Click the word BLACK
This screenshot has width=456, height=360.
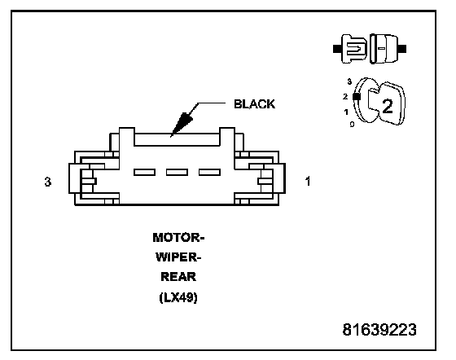[254, 104]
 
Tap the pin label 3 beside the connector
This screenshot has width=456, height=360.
[48, 182]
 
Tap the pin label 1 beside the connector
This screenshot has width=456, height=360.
[308, 181]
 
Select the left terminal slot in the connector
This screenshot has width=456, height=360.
[144, 172]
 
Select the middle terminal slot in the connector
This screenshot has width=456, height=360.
[177, 172]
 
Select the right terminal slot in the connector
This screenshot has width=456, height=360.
[209, 172]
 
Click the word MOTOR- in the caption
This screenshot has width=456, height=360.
[178, 238]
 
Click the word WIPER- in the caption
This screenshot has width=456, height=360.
[178, 257]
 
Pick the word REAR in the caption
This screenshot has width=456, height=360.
[178, 277]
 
